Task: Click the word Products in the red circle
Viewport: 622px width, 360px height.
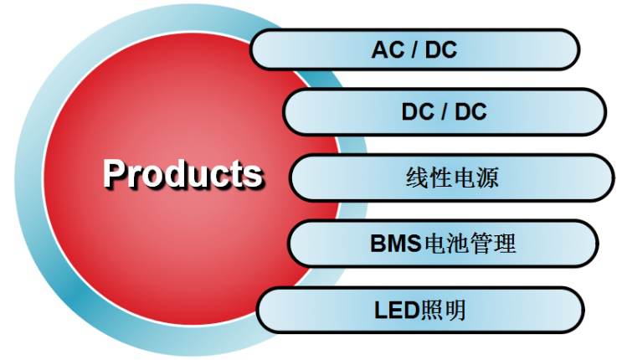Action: click(x=182, y=173)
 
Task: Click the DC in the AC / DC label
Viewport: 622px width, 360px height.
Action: click(x=441, y=50)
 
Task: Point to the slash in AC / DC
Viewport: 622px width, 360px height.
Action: click(x=414, y=50)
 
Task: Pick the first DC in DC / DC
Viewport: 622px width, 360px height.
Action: click(x=418, y=111)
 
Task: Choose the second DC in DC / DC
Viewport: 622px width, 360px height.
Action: click(x=470, y=111)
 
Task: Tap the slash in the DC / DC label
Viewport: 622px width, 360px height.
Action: click(x=445, y=111)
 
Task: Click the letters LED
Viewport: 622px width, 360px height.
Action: click(x=395, y=311)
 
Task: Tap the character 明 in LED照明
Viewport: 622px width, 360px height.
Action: click(x=455, y=311)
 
